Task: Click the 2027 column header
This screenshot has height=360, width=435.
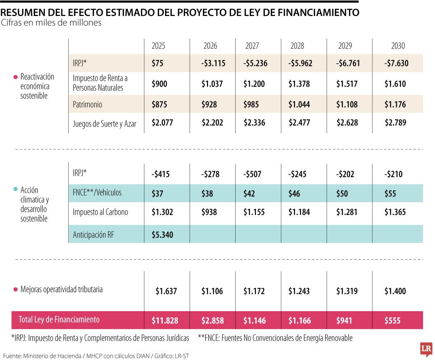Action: pos(252,46)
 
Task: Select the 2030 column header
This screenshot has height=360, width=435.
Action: pos(398,46)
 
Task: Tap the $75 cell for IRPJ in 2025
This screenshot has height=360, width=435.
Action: pos(158,63)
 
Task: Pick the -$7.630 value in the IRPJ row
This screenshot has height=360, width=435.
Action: pos(396,63)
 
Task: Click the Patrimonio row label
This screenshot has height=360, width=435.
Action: pos(87,104)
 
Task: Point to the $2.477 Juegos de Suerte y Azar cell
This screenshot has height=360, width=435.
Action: pos(299,123)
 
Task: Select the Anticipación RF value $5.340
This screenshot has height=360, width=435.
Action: pos(162,235)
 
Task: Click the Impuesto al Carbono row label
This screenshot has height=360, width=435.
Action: pos(100,212)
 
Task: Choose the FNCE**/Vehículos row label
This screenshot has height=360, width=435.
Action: pos(97,193)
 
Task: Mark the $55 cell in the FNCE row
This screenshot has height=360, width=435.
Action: pos(390,193)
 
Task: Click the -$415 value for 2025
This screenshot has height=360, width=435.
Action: pos(161,174)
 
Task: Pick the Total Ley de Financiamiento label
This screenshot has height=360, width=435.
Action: pos(59,320)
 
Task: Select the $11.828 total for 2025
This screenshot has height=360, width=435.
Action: pos(165,320)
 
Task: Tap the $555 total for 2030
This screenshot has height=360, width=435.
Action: pos(392,320)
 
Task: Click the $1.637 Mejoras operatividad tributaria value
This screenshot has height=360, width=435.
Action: pos(166,291)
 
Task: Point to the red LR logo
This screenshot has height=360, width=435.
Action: pos(426,349)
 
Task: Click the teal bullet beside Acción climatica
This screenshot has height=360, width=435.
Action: pos(15,189)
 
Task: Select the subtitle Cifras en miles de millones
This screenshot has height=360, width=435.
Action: pos(51,23)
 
